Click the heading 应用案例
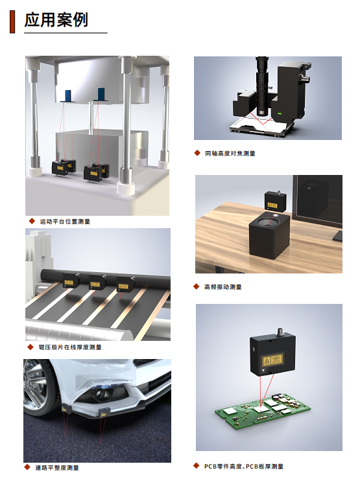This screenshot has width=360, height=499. [56, 19]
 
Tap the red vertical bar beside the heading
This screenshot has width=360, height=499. [12, 21]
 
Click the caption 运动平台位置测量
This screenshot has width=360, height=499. [65, 222]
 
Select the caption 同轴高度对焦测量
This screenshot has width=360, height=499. [230, 154]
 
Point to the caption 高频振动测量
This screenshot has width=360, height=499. [223, 286]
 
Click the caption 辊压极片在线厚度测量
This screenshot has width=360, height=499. [70, 347]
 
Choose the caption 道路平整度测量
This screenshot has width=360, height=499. [57, 467]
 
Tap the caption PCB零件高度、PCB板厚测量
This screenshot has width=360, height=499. [244, 466]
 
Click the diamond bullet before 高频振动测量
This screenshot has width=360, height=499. [197, 286]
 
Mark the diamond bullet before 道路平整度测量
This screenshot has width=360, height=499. [27, 467]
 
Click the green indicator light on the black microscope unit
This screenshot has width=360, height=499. [280, 113]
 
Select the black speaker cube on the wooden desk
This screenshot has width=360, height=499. [269, 236]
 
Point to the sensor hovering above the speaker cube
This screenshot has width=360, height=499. [275, 201]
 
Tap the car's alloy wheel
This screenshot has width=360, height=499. [36, 388]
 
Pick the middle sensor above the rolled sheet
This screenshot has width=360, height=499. [97, 282]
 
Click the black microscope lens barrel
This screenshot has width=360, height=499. [263, 86]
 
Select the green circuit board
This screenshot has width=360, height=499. [263, 412]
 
